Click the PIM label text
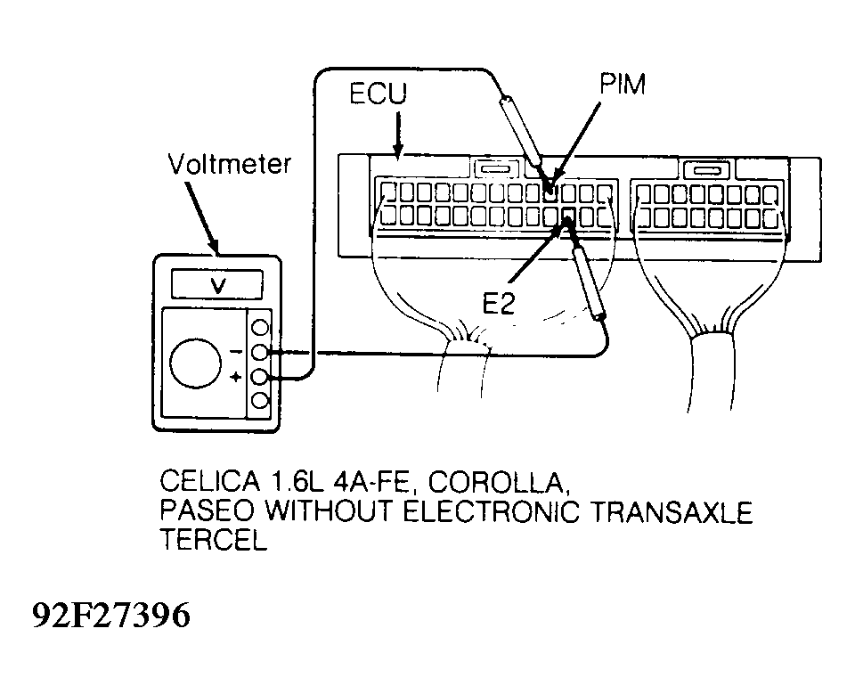(x=623, y=84)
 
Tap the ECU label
(x=378, y=94)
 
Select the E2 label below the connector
(x=499, y=303)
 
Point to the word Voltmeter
(x=230, y=164)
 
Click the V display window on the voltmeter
(x=217, y=284)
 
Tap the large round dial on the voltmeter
(x=196, y=363)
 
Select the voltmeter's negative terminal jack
(x=261, y=352)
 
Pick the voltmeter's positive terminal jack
(x=261, y=377)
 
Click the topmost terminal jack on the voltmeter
(x=261, y=327)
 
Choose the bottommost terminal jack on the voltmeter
(x=261, y=401)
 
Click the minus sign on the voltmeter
(x=235, y=352)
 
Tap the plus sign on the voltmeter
(x=235, y=377)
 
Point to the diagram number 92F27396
(x=112, y=615)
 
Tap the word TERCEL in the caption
(x=214, y=540)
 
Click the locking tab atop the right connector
(x=706, y=169)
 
